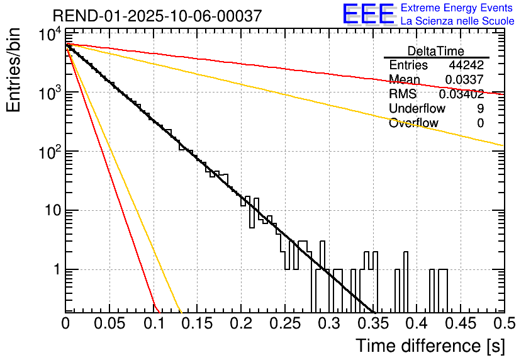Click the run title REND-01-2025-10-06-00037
pos(157,16)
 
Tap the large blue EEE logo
pos(368,14)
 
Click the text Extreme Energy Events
pos(457,8)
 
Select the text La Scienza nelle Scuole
pos(457,21)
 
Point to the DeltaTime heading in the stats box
pos(436,51)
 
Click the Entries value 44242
pos(466,65)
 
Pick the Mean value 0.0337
pos(464,80)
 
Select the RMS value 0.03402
pos(461,94)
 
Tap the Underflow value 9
pos(480,109)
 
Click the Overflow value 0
pos(480,123)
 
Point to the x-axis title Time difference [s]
pos(429,346)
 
